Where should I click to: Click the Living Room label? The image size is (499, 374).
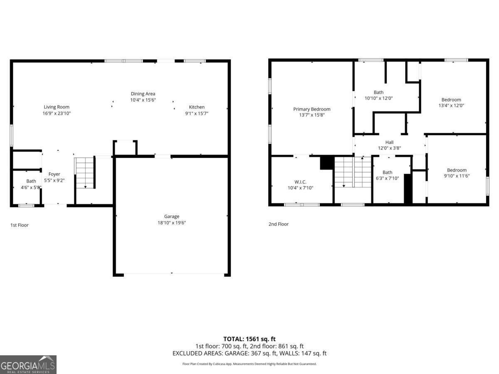point(57,107)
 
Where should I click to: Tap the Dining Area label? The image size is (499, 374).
point(143,94)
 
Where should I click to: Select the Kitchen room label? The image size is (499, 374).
point(197,107)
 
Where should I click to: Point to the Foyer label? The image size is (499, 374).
point(54,174)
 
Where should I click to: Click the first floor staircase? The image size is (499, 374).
point(85,173)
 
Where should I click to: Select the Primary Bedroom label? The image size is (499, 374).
point(311,109)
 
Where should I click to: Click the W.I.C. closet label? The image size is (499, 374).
point(300,182)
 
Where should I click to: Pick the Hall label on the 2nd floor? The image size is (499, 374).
point(389,142)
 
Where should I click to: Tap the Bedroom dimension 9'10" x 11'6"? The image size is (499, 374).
point(457,176)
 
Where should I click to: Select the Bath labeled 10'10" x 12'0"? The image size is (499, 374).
point(378,92)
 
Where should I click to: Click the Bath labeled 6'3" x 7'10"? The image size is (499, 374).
point(387,172)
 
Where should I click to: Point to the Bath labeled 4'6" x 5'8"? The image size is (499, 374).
point(31,181)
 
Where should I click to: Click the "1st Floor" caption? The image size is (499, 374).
point(20,225)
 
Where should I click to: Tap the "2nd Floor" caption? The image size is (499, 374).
point(278,224)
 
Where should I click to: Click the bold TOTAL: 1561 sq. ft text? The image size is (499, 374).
point(249,339)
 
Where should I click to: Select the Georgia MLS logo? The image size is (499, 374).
point(28,364)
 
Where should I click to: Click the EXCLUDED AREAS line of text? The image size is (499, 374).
point(249,353)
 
